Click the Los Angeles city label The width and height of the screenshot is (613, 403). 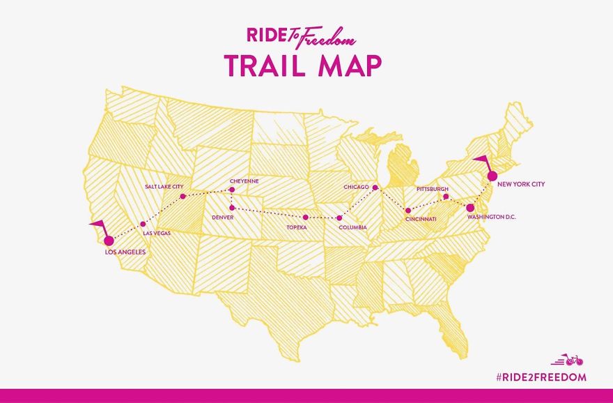125,252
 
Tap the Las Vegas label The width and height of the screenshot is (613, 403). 156,233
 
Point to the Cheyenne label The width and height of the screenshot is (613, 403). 244,181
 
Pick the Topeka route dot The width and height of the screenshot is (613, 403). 306,218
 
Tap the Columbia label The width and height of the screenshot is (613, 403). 352,227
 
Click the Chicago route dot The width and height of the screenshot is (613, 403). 375,188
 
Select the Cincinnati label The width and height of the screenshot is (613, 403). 421,220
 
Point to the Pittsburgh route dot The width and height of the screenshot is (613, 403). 446,197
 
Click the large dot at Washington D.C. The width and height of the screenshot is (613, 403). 470,207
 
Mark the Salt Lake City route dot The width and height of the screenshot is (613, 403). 183,197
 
